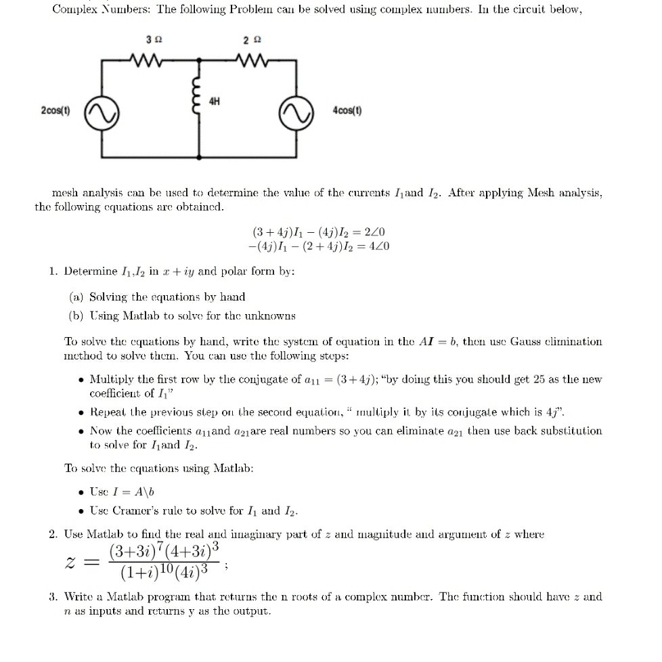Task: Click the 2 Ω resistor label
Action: (x=250, y=39)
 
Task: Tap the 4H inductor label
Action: (x=214, y=102)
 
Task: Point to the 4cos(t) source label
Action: (x=348, y=110)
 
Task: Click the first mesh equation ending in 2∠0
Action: (x=318, y=231)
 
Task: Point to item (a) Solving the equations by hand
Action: (x=158, y=296)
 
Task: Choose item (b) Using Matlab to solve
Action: (x=182, y=315)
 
